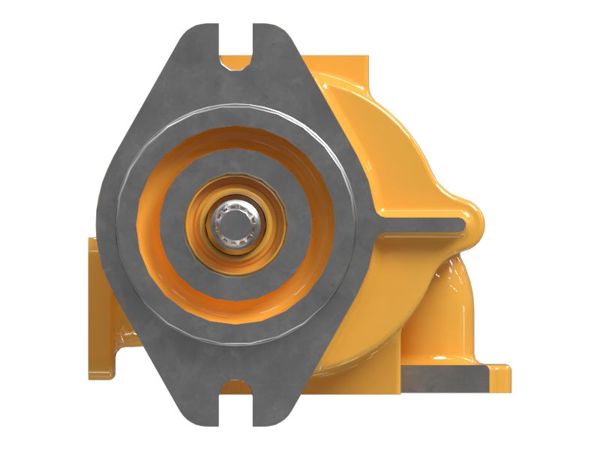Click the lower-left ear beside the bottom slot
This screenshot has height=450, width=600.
201,411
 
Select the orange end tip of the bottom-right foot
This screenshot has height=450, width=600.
507,379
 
